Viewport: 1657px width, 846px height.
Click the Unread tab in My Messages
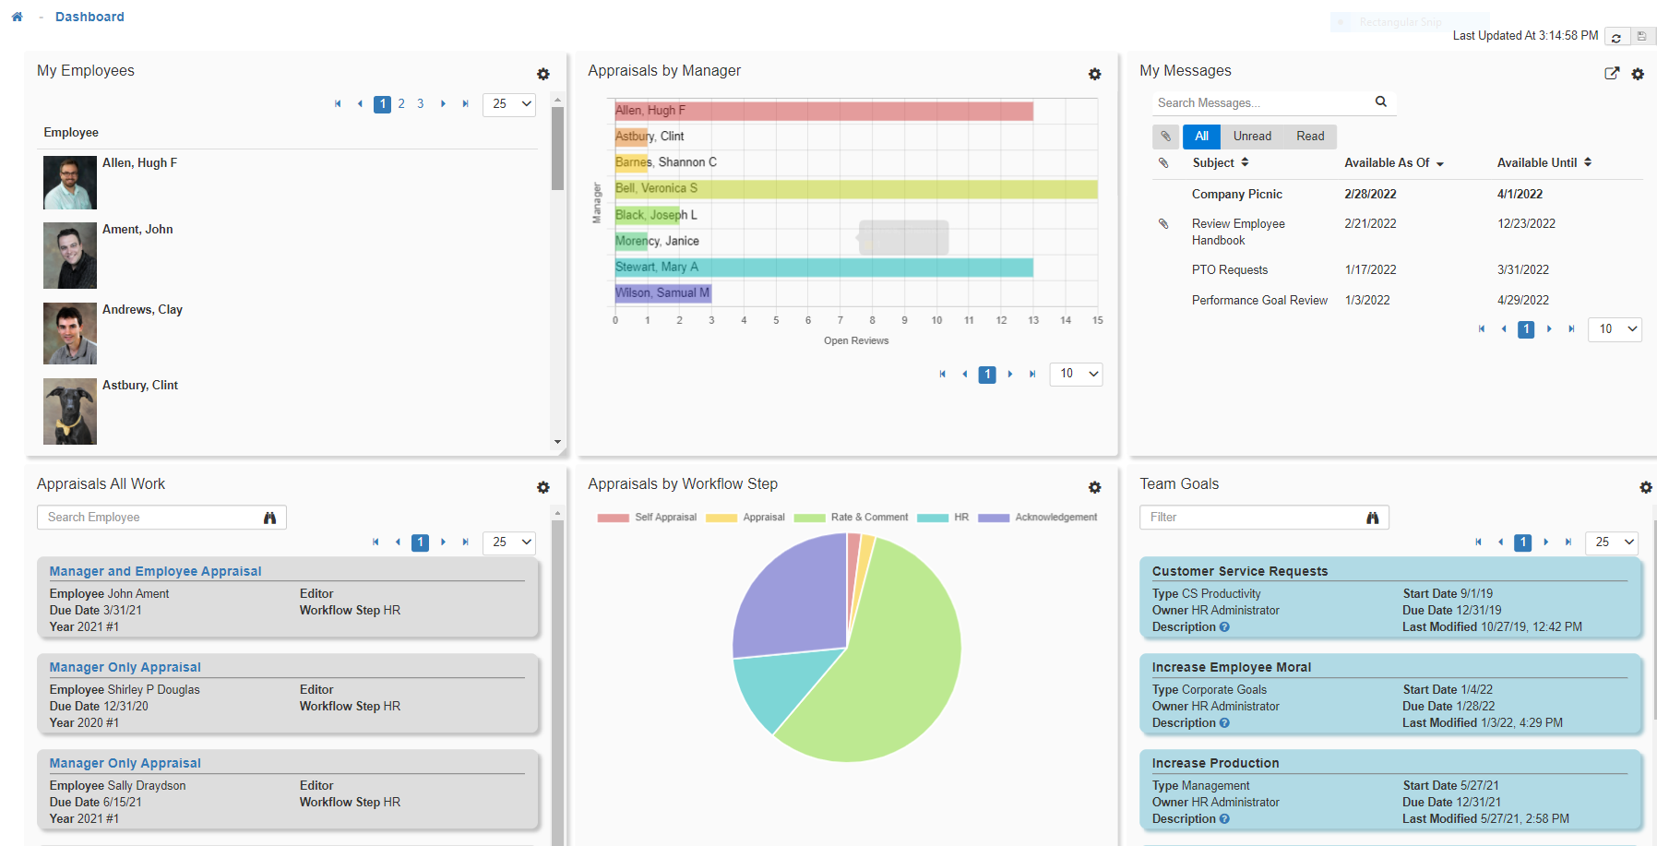[1252, 137]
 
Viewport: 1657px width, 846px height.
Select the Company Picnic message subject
[1236, 195]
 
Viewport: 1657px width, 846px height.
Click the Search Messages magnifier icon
[1380, 102]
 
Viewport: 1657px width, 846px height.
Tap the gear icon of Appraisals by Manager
[1094, 74]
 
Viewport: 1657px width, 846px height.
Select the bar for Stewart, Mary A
[823, 268]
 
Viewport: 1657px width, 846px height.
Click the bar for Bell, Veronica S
[855, 189]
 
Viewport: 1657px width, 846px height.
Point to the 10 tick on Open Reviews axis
[936, 320]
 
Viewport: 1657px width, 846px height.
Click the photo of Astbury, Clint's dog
[70, 411]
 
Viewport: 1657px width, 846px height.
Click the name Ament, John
[137, 230]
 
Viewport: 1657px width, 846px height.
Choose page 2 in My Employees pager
[401, 104]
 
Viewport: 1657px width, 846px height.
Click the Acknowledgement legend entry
[1055, 518]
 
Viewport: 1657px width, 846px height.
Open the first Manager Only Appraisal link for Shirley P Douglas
[125, 667]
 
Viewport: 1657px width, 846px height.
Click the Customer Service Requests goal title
[1239, 571]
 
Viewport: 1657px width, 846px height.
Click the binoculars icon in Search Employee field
[269, 518]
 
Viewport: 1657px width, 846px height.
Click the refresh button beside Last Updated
[1615, 37]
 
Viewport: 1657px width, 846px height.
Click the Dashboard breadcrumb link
[89, 17]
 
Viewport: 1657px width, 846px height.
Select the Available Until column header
[1537, 163]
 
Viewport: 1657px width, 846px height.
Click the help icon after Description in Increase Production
[1224, 819]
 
